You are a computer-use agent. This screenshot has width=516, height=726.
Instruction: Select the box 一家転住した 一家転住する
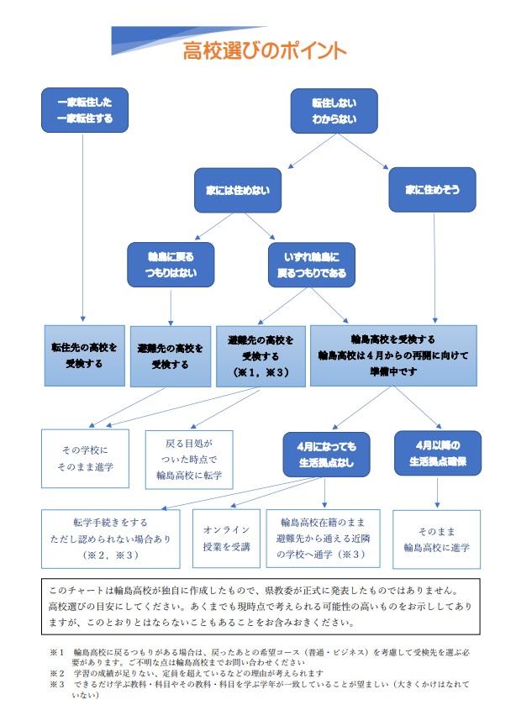coord(85,109)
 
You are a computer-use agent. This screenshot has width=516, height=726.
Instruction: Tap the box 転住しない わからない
coord(334,110)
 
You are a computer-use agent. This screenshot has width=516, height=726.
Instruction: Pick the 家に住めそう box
coord(433,190)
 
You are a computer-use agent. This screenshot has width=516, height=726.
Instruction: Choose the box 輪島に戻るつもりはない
coord(171,265)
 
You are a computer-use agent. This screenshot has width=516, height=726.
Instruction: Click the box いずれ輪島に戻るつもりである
coord(312,265)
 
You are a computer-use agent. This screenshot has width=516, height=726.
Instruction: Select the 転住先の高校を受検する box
coord(83,355)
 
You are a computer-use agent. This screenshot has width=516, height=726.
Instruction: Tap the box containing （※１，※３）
coord(261,355)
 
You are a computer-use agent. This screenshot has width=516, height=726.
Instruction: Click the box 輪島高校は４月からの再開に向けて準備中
coord(393,355)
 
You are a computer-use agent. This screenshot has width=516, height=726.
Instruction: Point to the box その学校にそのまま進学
coord(86,457)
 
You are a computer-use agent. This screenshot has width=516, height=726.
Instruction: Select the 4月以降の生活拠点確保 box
coord(437,452)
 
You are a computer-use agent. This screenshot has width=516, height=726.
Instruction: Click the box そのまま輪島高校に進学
coord(437,539)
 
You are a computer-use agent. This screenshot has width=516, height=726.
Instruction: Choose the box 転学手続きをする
coord(110,538)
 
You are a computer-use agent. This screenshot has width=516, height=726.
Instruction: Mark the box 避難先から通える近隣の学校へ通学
coord(324,538)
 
